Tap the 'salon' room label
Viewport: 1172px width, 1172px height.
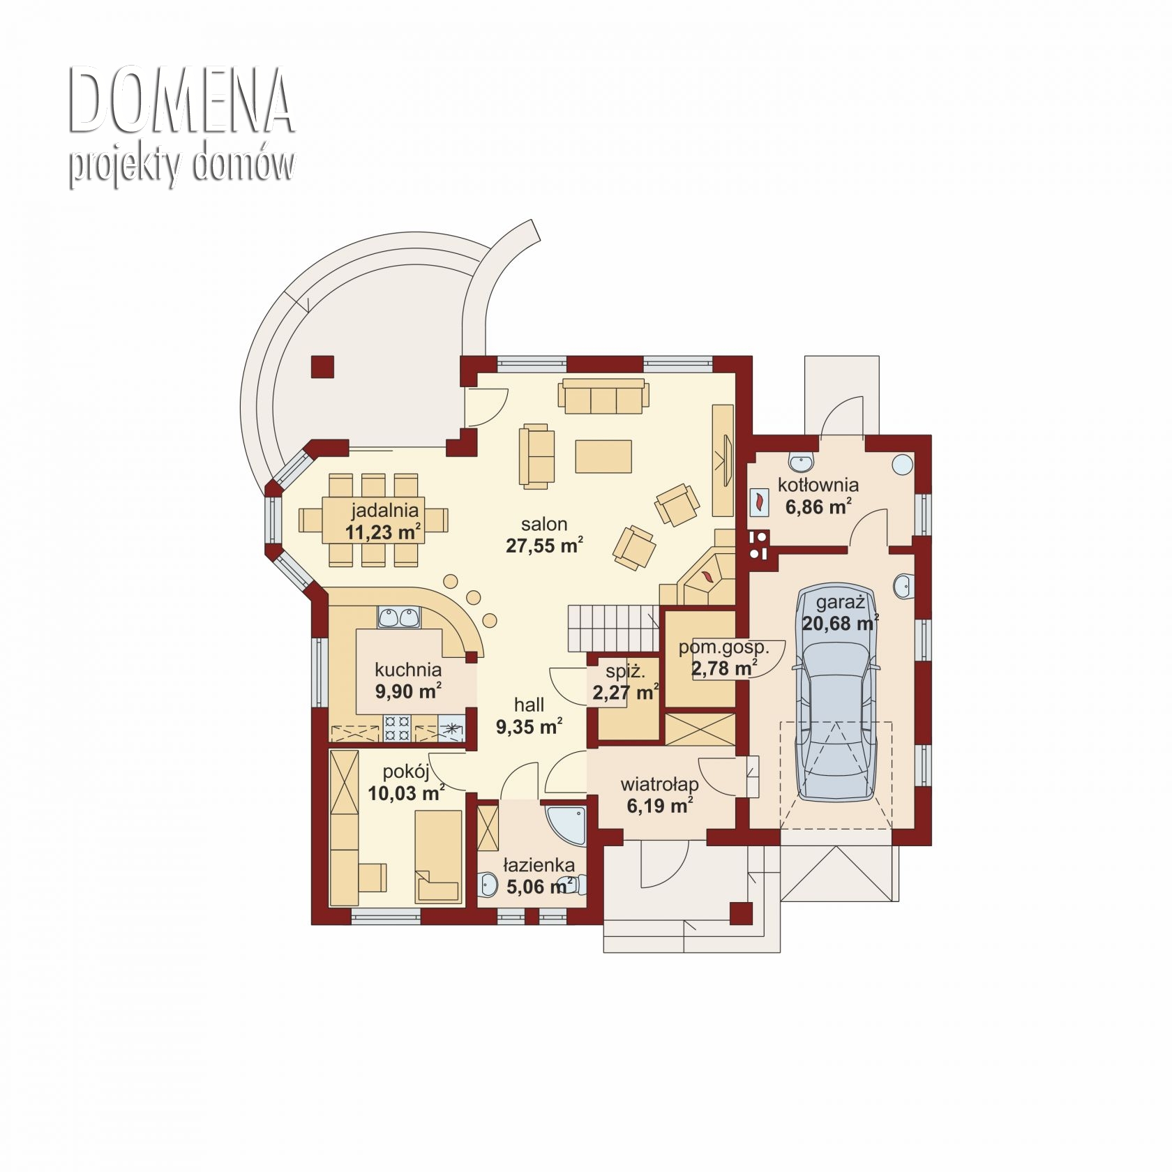544,523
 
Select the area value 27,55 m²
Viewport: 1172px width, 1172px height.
544,546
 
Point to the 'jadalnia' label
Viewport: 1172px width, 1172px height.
384,510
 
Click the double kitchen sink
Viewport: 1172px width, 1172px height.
398,617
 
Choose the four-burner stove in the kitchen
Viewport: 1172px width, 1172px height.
398,728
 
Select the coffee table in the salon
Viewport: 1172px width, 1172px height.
603,456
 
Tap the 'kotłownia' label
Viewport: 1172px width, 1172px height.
818,484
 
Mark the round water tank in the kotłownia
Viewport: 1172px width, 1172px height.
902,465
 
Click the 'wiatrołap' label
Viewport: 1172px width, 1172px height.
660,784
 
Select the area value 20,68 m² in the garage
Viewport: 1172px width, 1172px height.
840,623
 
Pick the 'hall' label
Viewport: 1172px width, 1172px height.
529,705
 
